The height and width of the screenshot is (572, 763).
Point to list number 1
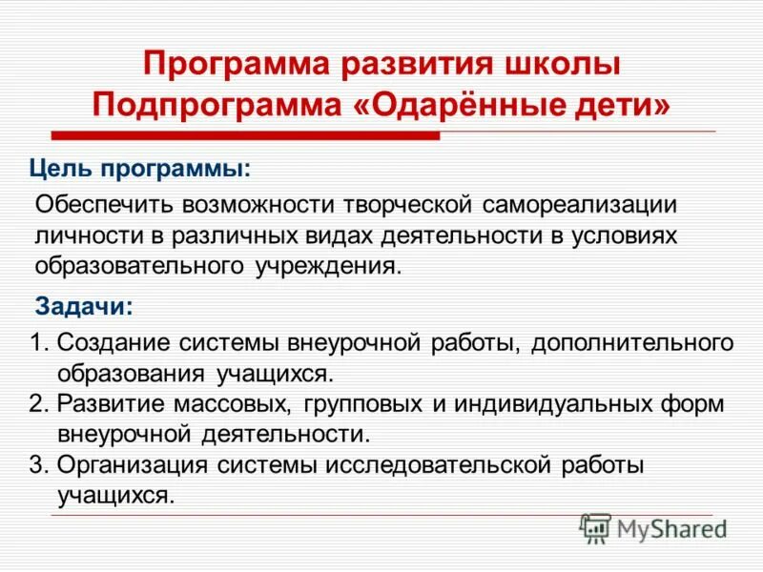[x=35, y=343]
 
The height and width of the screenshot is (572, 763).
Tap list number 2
[x=36, y=403]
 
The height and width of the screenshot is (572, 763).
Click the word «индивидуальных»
[x=554, y=403]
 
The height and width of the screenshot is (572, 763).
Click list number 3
[x=36, y=464]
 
